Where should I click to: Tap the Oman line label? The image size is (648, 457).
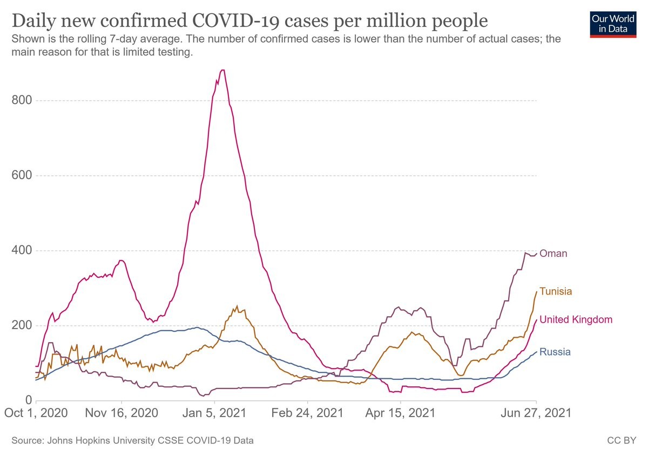pyautogui.click(x=553, y=254)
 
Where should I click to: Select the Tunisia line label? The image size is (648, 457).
pyautogui.click(x=556, y=291)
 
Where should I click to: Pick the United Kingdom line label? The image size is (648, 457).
pyautogui.click(x=576, y=319)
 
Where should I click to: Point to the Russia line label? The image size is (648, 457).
pyautogui.click(x=555, y=352)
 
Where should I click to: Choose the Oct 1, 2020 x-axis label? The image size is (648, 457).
pyautogui.click(x=37, y=414)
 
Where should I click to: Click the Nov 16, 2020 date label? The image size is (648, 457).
pyautogui.click(x=122, y=414)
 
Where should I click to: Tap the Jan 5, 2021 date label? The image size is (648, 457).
pyautogui.click(x=215, y=414)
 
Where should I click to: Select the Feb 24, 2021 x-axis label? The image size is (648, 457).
pyautogui.click(x=308, y=414)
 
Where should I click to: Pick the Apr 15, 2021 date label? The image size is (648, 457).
pyautogui.click(x=401, y=414)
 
